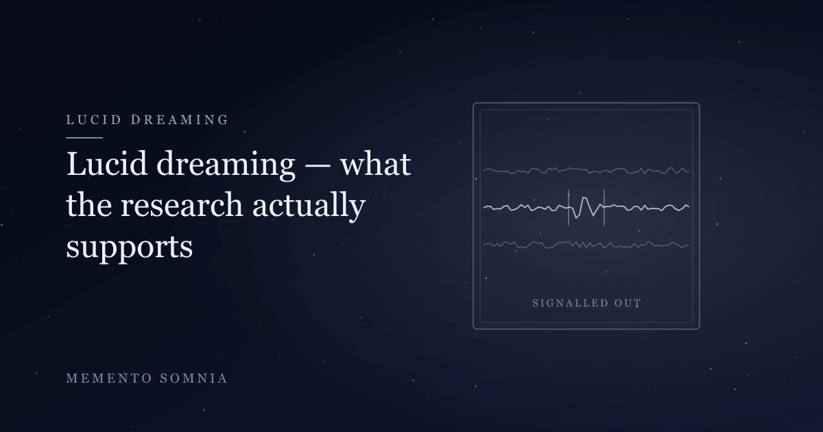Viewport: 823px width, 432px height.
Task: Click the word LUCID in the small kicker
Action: point(94,120)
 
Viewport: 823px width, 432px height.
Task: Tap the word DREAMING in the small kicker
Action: point(180,120)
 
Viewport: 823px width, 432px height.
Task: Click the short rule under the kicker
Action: point(84,138)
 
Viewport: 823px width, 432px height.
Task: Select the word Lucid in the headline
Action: point(107,164)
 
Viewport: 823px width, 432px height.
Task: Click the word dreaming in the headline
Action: point(226,166)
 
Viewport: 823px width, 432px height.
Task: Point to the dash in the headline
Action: point(318,166)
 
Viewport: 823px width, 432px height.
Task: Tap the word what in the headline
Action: point(375,164)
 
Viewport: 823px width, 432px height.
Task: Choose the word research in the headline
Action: point(182,205)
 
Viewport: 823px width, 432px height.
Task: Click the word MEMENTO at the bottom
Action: point(109,379)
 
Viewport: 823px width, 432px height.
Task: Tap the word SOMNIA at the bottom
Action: point(193,379)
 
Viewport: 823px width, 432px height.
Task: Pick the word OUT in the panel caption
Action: point(628,303)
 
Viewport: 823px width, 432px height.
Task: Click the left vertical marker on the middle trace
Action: point(569,208)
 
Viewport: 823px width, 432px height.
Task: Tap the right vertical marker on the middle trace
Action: point(604,208)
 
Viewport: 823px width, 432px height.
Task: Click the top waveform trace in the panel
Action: point(586,171)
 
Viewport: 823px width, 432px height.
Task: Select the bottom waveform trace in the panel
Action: point(586,245)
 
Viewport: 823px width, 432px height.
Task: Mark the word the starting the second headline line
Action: point(89,205)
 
